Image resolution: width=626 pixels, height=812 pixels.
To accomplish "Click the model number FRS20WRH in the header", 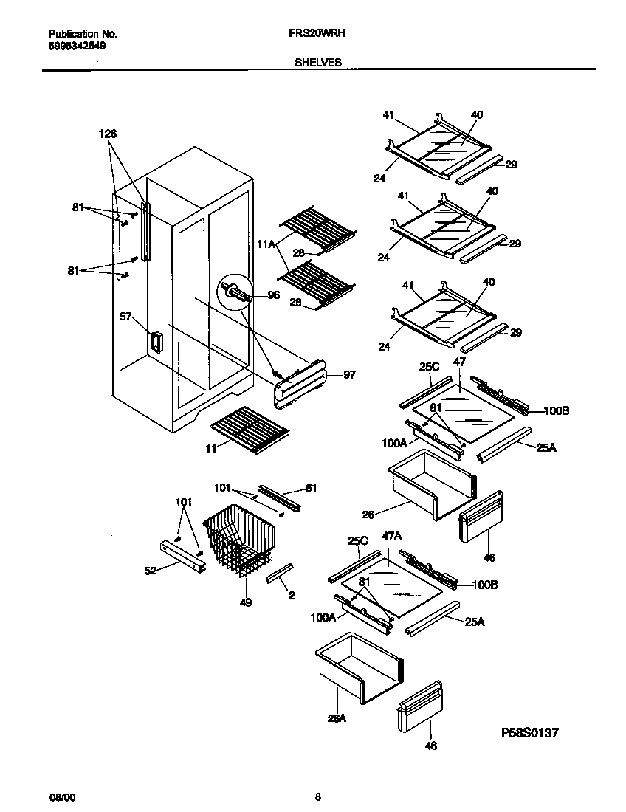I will click(318, 34).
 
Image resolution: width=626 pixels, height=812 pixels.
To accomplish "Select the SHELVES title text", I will click(318, 63).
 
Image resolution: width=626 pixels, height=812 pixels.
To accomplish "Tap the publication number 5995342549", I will click(76, 45).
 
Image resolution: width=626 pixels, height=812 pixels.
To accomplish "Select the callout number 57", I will click(126, 316).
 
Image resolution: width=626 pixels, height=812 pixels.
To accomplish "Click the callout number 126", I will click(108, 134).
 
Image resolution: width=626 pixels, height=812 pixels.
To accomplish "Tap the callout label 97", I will click(349, 375).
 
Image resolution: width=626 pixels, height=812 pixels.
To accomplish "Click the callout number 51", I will click(311, 487).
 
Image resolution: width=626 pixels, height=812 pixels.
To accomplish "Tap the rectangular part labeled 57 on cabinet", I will click(156, 342).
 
